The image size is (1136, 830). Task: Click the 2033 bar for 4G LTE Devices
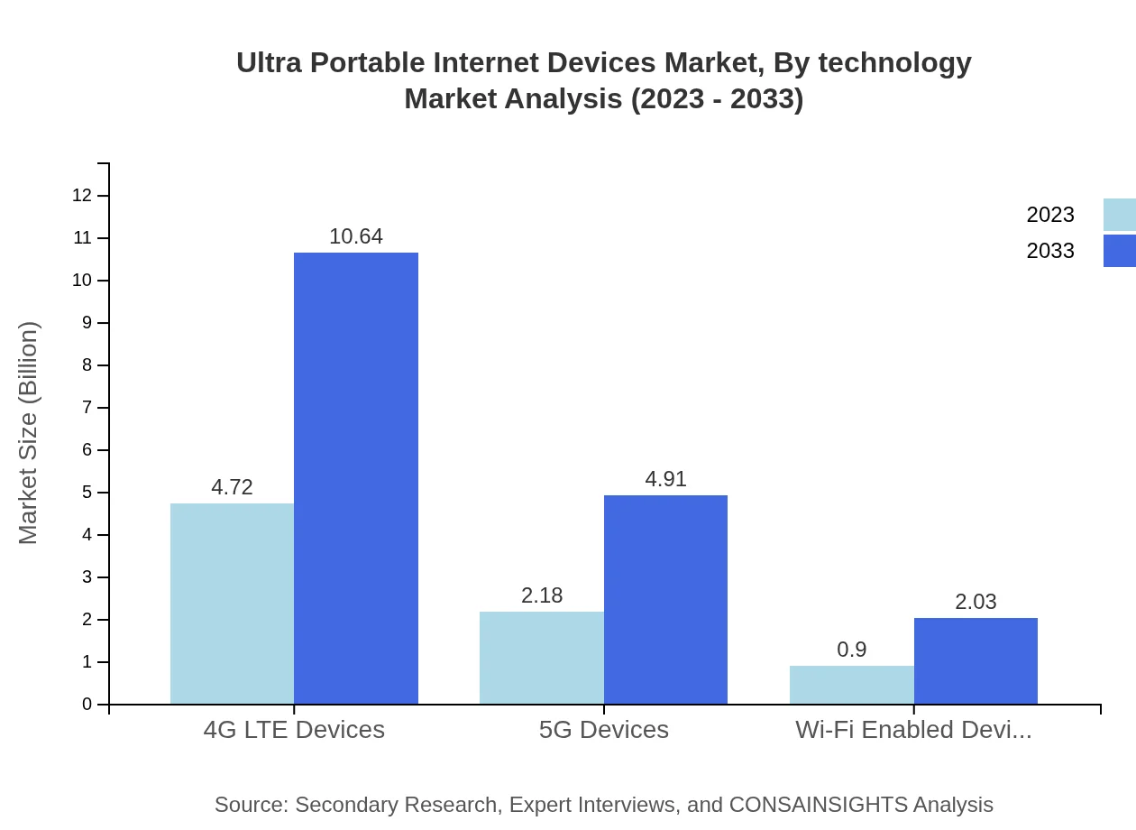click(356, 478)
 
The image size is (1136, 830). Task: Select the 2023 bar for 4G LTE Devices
click(232, 604)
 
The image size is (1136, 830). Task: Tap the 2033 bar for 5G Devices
click(665, 600)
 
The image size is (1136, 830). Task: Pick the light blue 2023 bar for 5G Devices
click(542, 658)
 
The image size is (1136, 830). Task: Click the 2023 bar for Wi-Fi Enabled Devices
click(851, 685)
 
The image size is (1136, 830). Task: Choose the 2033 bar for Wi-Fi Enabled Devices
click(976, 661)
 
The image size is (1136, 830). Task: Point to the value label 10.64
click(356, 236)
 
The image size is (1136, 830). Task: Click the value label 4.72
click(232, 487)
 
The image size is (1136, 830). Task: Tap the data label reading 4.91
click(665, 479)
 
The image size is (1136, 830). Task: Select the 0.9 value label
click(851, 650)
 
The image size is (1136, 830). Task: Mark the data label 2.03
click(976, 602)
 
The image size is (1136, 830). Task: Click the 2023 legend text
click(1050, 215)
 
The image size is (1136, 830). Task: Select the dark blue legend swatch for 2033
click(1119, 251)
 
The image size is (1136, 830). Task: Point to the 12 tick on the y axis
click(82, 196)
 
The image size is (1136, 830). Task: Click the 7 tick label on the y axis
click(87, 408)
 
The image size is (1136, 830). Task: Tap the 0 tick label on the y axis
click(87, 705)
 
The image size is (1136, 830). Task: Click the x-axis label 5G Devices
click(604, 730)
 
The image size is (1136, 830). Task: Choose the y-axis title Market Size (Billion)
click(28, 433)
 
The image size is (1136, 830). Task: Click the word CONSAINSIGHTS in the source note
click(818, 805)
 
